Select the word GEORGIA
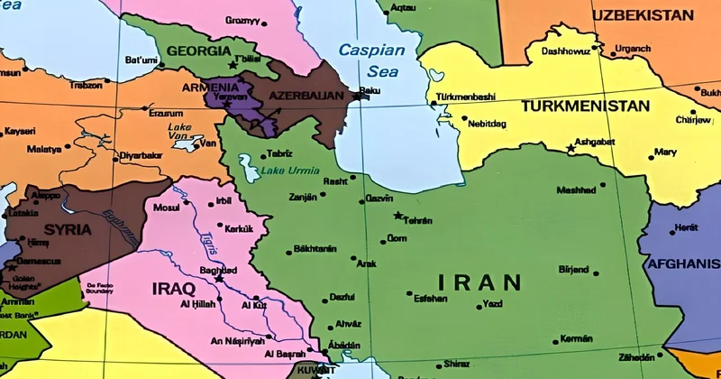point(194,51)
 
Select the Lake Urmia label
point(285,171)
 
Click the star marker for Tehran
point(398,216)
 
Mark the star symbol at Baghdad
point(218,279)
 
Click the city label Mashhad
point(576,190)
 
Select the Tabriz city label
point(279,153)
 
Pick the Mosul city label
point(167,208)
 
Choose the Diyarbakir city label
point(141,154)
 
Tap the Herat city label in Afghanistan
point(687,227)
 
